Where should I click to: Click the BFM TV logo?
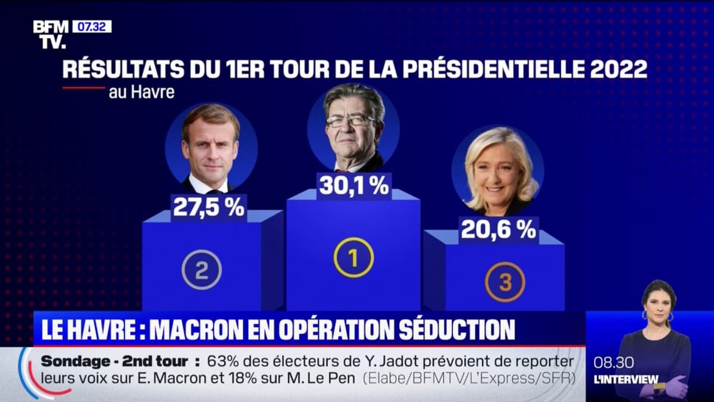[51, 34]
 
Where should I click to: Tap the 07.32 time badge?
[92, 27]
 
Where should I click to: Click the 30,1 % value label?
[353, 186]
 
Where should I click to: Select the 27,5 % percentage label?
[208, 207]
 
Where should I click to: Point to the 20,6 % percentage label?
[498, 229]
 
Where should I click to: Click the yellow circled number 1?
[353, 257]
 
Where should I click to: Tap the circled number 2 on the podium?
[202, 270]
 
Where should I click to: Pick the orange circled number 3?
[505, 282]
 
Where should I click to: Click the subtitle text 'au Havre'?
[142, 92]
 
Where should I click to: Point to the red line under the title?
[83, 88]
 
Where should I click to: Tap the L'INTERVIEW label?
[626, 379]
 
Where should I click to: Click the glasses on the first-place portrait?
[349, 121]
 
